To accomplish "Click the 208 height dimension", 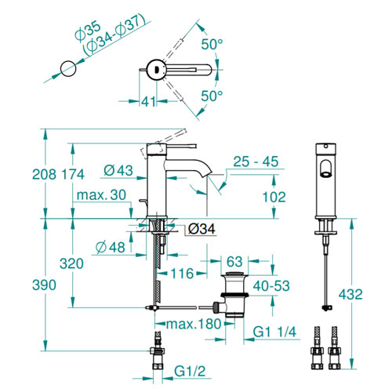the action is point(44,174).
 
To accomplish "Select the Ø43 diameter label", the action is point(118,171).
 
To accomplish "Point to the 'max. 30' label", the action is point(101,195).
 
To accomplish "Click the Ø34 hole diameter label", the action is point(201,229).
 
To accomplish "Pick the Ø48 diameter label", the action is point(111,247).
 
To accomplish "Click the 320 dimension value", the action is point(71,263).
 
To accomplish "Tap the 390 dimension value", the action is point(44,285).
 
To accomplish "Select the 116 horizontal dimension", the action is point(182,274).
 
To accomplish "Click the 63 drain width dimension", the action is point(234,262).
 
